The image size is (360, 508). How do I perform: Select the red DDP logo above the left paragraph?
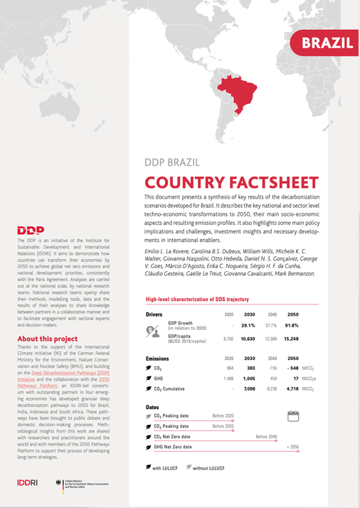click(31, 230)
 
